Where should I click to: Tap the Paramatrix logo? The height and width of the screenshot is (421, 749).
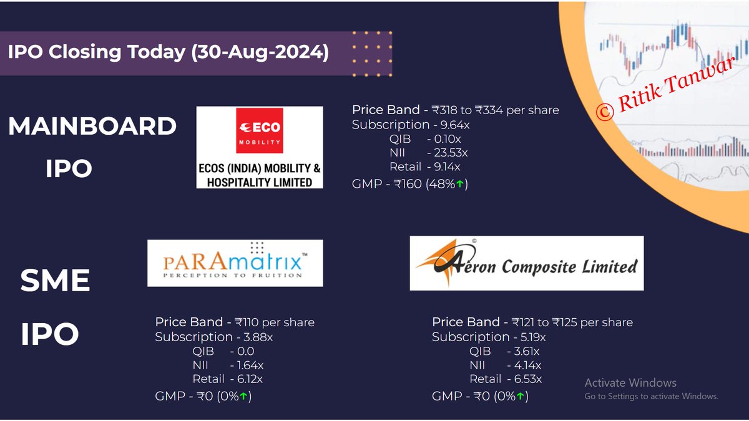coord(235,263)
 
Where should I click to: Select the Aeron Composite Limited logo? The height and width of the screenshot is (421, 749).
coord(526,263)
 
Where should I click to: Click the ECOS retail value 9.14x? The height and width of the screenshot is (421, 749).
coord(447,167)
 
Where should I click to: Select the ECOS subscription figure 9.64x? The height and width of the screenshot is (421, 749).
coord(457,124)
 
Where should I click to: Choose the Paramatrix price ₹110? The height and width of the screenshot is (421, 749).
coord(247,322)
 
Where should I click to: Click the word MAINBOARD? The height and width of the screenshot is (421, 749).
coord(92,127)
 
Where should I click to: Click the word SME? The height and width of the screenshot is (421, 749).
coord(55,281)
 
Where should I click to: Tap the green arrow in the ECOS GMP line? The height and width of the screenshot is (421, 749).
coord(460,184)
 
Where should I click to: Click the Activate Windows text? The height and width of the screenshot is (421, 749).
coord(630,383)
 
